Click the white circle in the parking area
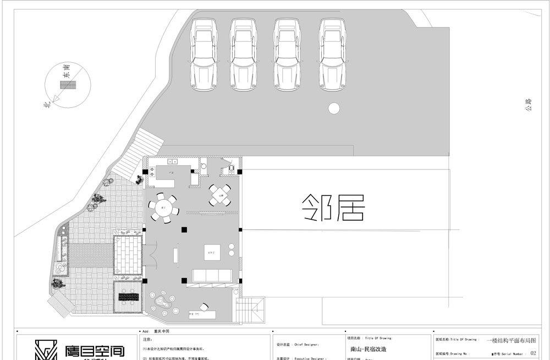tap(333, 108)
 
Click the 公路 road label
tap(529, 105)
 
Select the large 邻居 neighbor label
tap(334, 208)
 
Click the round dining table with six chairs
tap(163, 208)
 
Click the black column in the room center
tap(185, 230)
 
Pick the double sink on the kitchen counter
tap(172, 162)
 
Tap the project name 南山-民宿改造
tap(369, 349)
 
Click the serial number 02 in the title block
tap(532, 353)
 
